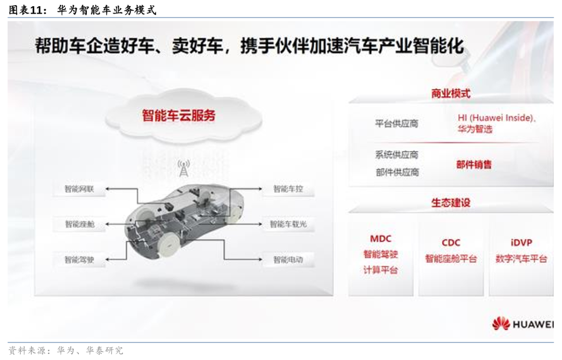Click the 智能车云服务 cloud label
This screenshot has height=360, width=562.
(178, 115)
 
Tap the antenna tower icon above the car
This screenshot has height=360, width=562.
(184, 168)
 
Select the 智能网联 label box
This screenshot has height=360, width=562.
(79, 189)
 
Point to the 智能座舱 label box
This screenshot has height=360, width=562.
(79, 224)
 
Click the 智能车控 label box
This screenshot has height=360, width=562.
(288, 189)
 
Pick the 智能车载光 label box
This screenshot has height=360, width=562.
(288, 224)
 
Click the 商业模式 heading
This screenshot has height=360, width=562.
(451, 94)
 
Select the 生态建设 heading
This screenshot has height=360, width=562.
(451, 202)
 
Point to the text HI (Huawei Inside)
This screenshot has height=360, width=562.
(497, 118)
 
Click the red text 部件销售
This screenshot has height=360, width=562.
(474, 164)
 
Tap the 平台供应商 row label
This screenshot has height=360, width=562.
(397, 124)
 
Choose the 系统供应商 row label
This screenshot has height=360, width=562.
(397, 155)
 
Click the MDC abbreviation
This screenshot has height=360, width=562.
(380, 239)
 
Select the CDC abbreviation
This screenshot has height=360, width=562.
(451, 243)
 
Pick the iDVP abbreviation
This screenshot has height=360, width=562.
(521, 243)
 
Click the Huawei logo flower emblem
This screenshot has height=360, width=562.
(501, 324)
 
